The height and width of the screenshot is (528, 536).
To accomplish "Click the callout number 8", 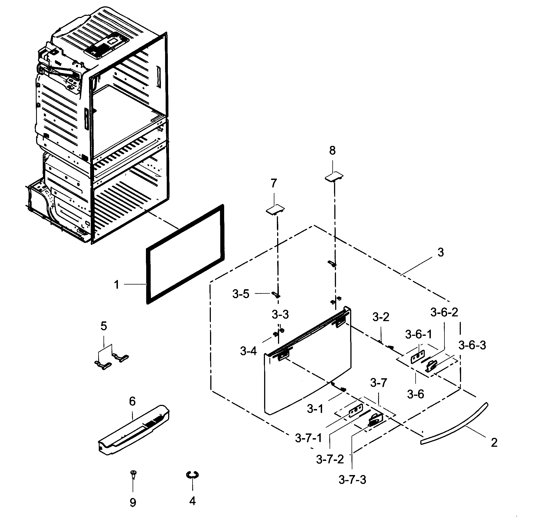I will pos(332,151).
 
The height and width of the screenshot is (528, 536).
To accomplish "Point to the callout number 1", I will pos(117,285).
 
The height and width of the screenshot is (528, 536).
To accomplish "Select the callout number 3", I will pos(441,253).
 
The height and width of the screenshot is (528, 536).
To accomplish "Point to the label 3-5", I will pos(241,294).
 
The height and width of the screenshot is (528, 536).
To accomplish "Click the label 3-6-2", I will pos(444,313).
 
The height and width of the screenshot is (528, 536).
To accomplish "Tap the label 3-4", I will pos(249,352).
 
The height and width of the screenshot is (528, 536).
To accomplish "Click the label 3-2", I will pos(381,317).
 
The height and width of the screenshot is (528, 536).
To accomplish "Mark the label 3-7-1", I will pos(309,446).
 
